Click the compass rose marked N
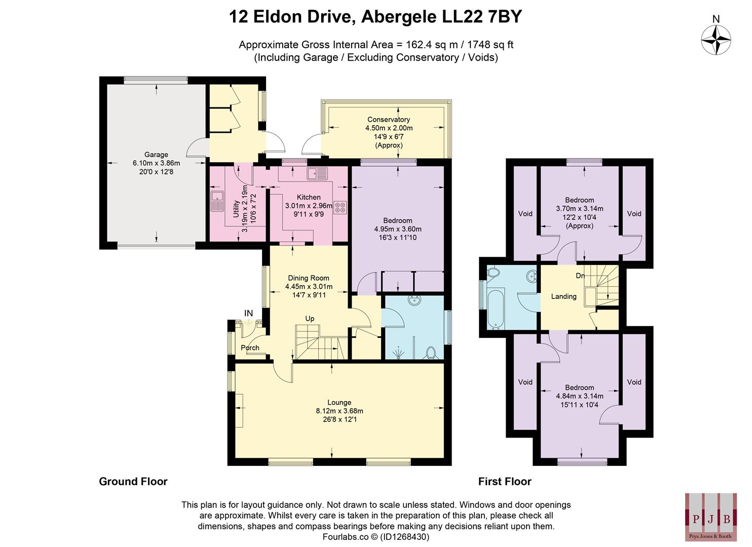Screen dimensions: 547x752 point(716,41)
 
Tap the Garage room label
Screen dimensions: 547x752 point(156,155)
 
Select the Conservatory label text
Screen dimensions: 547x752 point(389,120)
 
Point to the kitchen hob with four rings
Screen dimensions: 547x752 point(340,207)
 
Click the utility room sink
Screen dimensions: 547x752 point(217,201)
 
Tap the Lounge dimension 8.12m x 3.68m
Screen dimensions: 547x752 point(339,411)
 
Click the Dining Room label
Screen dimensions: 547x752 point(308,278)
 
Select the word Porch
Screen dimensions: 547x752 point(250,348)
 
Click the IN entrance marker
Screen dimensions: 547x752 point(248,314)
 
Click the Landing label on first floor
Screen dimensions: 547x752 point(563,296)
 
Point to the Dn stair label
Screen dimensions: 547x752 point(580,276)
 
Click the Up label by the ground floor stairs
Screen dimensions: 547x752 point(310,319)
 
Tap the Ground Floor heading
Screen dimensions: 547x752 point(133,482)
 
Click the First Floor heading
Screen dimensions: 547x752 point(504,482)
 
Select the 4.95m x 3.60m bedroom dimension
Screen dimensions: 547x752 point(397,229)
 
